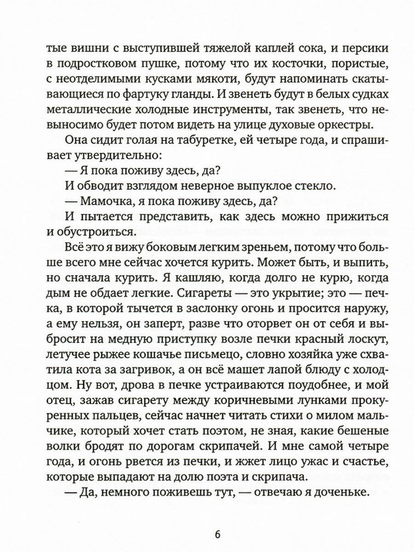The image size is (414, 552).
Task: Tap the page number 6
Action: point(218,535)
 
